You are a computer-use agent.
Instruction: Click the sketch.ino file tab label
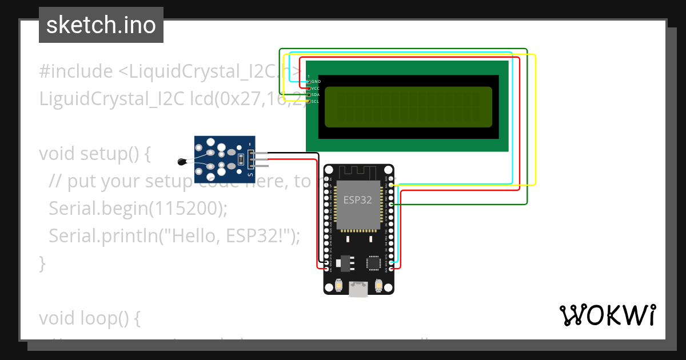click(101, 25)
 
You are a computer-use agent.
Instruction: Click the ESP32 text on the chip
click(358, 200)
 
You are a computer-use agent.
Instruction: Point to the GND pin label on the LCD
click(316, 82)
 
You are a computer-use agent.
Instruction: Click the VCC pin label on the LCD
click(316, 89)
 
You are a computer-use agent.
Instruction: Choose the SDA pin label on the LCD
click(316, 95)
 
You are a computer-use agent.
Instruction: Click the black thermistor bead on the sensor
click(182, 162)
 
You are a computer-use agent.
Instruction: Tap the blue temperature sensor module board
click(223, 159)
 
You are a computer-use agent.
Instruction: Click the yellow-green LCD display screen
click(408, 107)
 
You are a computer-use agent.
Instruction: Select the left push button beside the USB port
click(340, 285)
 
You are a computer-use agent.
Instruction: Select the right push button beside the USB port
click(378, 285)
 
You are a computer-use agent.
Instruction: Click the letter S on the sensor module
click(250, 174)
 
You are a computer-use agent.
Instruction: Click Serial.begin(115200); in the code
click(138, 209)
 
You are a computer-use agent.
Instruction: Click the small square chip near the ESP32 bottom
click(373, 262)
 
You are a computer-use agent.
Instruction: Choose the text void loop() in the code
click(89, 318)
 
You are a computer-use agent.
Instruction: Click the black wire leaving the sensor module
click(292, 153)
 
